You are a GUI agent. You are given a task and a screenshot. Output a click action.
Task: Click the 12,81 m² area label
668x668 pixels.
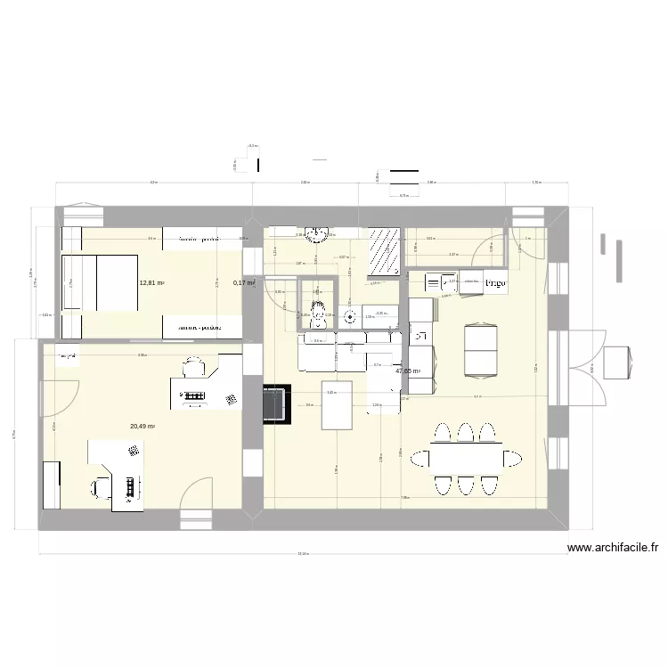(x=151, y=283)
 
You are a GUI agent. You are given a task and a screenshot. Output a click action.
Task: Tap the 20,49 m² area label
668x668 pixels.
(x=143, y=427)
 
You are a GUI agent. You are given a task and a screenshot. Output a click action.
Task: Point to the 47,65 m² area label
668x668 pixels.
(x=408, y=371)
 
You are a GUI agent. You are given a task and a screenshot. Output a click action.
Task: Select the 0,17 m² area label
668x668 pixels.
(x=244, y=283)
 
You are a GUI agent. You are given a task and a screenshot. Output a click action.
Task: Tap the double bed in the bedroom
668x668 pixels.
(x=98, y=283)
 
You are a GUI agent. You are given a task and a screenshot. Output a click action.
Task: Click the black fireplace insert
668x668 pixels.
(x=276, y=403)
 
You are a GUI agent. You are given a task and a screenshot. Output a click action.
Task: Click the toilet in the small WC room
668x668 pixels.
(x=319, y=305)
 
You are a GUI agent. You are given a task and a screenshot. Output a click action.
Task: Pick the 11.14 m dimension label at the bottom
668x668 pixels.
(x=303, y=555)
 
